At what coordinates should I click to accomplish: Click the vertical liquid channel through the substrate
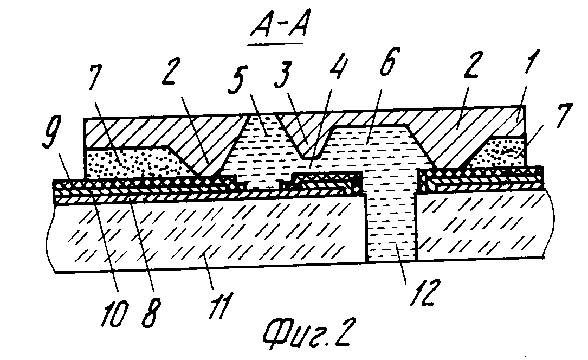click(391, 228)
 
